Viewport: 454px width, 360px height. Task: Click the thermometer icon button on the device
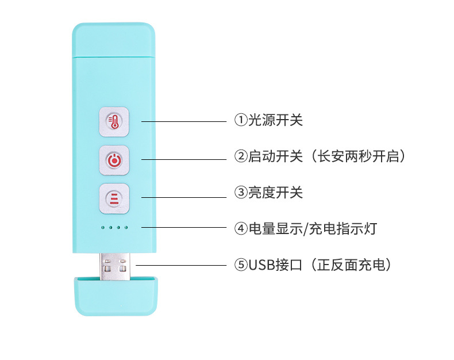(x=114, y=121)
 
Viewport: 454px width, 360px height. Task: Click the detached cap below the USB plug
(x=115, y=296)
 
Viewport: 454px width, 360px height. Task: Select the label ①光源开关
(x=268, y=120)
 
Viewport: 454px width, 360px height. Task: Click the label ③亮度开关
(x=268, y=193)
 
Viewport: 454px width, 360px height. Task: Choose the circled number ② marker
(x=240, y=156)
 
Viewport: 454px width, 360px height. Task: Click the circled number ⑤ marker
(x=240, y=265)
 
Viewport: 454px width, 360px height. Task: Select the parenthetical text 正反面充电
(x=355, y=265)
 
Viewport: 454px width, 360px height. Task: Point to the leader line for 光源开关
(x=184, y=121)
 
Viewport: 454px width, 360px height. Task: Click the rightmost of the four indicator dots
(x=126, y=228)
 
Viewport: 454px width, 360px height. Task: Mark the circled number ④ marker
(x=240, y=228)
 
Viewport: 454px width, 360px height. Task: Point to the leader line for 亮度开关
(x=184, y=198)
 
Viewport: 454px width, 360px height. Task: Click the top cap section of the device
(x=114, y=40)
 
